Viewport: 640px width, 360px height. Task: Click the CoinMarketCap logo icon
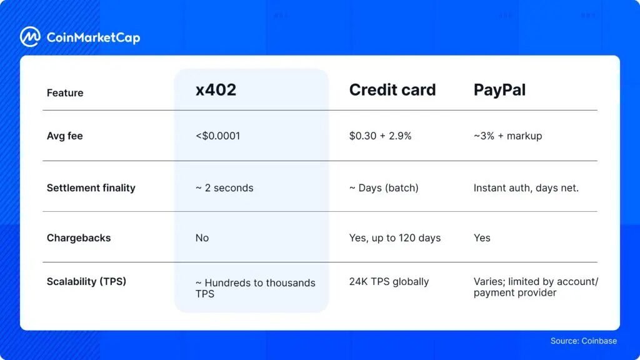click(30, 37)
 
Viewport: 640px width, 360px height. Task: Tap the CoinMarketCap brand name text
click(93, 37)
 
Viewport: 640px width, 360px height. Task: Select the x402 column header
click(216, 90)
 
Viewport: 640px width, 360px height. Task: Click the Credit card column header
click(392, 90)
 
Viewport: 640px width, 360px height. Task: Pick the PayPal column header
click(499, 90)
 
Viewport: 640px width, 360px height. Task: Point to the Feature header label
click(65, 93)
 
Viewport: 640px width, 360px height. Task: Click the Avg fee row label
click(65, 136)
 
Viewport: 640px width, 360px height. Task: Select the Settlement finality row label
click(91, 187)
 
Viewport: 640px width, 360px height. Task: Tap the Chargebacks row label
click(79, 238)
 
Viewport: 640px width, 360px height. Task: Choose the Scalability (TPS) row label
click(86, 281)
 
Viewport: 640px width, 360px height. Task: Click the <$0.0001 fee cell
click(217, 136)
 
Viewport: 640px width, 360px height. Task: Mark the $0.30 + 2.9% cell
click(380, 136)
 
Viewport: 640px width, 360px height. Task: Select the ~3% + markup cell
click(507, 136)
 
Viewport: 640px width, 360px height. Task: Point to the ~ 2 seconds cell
click(224, 187)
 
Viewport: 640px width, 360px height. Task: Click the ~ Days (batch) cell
click(384, 187)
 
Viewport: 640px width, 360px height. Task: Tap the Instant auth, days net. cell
click(526, 187)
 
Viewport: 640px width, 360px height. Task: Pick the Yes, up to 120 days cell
click(395, 238)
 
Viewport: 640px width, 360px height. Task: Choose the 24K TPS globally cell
click(389, 281)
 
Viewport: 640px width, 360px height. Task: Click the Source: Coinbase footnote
click(583, 341)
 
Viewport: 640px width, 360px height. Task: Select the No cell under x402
click(202, 238)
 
